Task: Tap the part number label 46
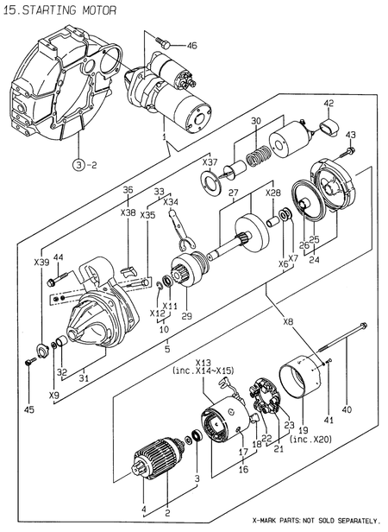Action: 191,45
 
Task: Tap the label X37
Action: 210,161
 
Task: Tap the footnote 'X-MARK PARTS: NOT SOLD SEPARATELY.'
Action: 315,521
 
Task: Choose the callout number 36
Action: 128,190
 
